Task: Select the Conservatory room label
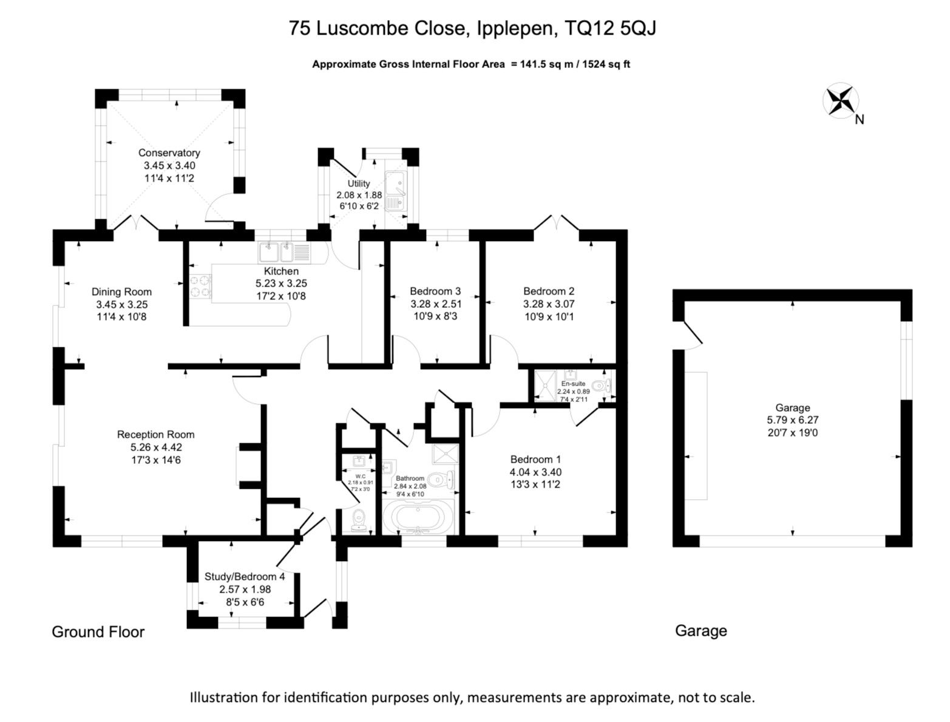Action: [x=169, y=153]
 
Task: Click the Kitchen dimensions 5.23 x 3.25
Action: [x=281, y=284]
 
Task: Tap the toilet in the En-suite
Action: [x=601, y=385]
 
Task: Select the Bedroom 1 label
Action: [x=535, y=459]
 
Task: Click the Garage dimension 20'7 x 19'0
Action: [x=792, y=432]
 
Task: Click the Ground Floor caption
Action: [x=98, y=632]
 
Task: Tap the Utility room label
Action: [x=359, y=183]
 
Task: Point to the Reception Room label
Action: [x=156, y=435]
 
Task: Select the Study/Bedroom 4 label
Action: [x=245, y=576]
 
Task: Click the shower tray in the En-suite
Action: [x=545, y=385]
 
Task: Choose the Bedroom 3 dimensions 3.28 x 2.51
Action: [x=436, y=304]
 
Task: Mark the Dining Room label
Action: [x=121, y=291]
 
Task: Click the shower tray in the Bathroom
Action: [x=444, y=453]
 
